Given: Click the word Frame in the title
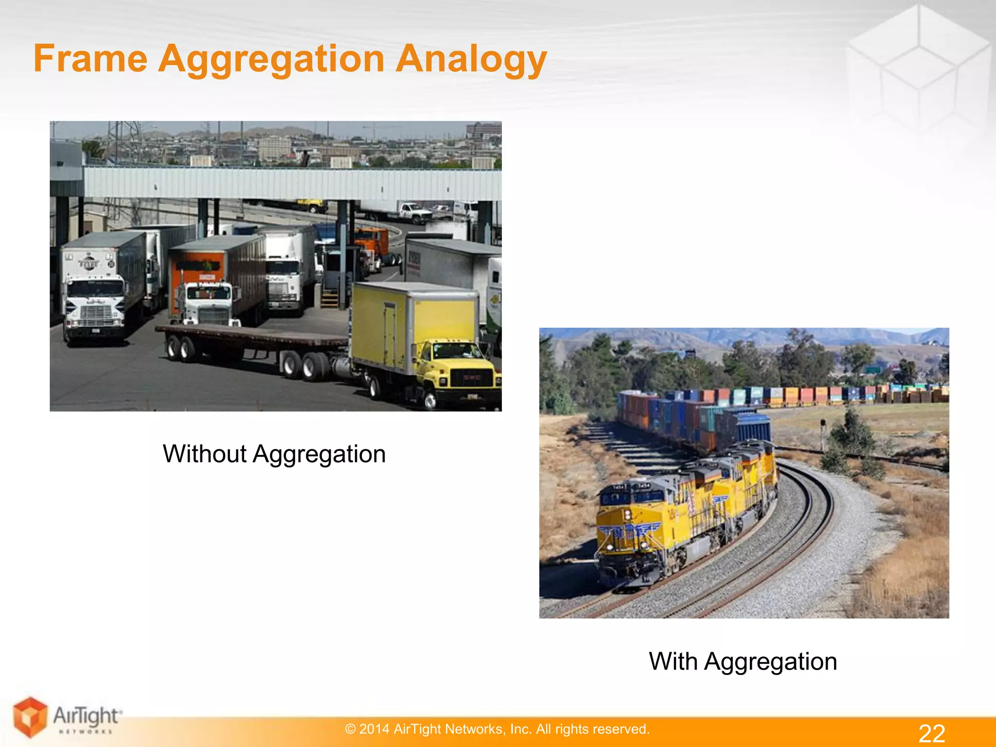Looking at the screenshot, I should pyautogui.click(x=90, y=59).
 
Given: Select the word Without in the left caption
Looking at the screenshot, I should pyautogui.click(x=205, y=454).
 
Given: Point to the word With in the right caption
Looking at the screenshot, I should pyautogui.click(x=673, y=661).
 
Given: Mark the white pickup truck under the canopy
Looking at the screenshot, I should pyautogui.click(x=413, y=212).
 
